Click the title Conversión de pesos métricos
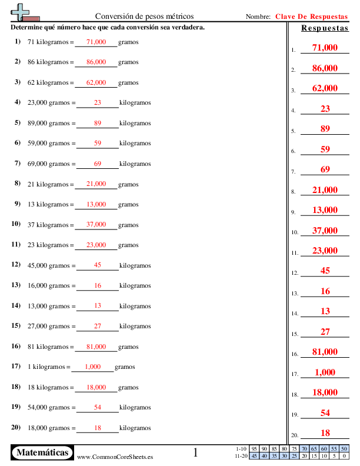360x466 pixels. pos(144,16)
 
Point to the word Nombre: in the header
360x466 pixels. pos(258,17)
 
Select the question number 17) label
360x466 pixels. pos(16,366)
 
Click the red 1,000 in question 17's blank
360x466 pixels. pos(93,367)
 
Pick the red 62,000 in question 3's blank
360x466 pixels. pos(96,82)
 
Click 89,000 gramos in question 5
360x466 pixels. pos(49,123)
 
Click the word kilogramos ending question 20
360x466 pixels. pos(135,428)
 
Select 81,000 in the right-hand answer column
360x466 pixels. pos(325,352)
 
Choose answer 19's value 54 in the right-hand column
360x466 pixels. pos(325,413)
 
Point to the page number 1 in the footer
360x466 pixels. pos(196,452)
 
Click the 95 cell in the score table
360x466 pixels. pos(254,449)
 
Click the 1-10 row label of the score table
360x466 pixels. pos(241,449)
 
